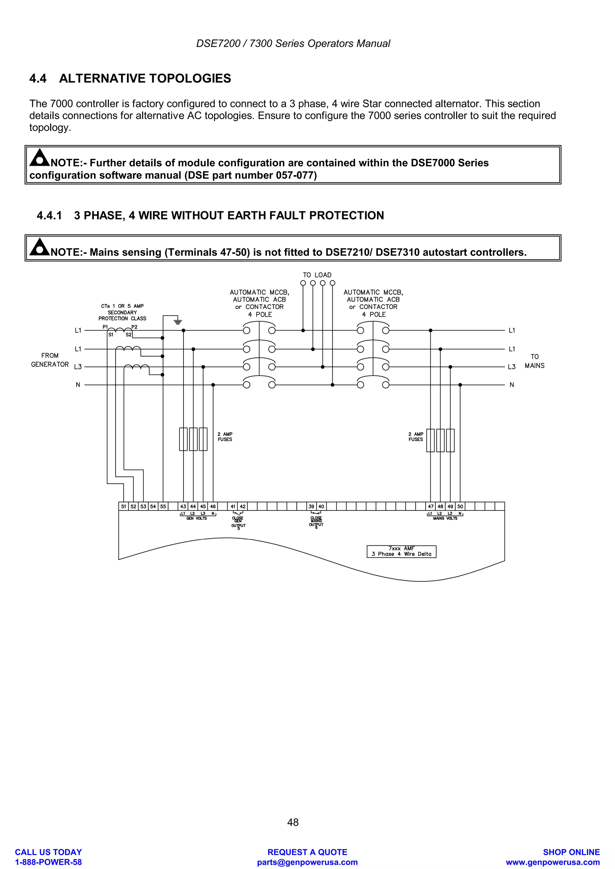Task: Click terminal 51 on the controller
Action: [123, 506]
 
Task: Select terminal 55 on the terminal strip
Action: [163, 506]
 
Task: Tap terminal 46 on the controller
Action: [213, 506]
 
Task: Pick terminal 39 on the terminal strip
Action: [311, 506]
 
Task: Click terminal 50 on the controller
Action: [460, 506]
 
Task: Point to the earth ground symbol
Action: [178, 322]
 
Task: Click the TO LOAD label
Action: [317, 275]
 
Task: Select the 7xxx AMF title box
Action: [401, 551]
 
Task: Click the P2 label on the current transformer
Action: [134, 327]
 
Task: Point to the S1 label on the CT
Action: [111, 335]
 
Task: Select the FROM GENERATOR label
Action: [50, 360]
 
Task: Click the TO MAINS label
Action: [534, 361]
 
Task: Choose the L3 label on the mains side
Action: [512, 367]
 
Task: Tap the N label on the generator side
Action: [78, 385]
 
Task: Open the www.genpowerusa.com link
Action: [553, 862]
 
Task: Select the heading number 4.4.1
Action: [49, 215]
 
